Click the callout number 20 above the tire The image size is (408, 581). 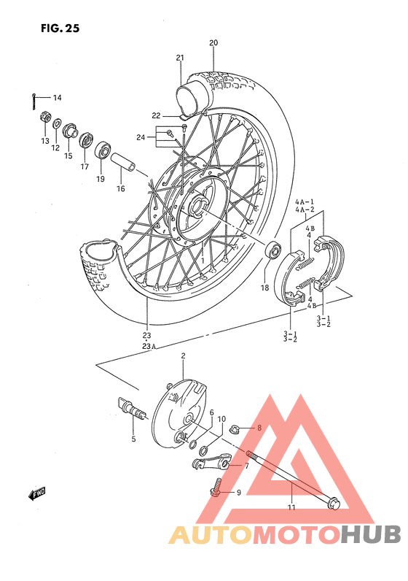point(213,43)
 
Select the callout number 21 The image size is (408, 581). point(180,58)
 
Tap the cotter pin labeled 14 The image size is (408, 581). point(35,101)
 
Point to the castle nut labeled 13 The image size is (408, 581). point(44,118)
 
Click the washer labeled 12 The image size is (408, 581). point(57,124)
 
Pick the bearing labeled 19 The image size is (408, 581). point(101,153)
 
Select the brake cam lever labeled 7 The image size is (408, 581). point(211,461)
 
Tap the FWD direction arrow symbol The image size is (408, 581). point(37,494)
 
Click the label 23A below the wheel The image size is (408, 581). point(149,347)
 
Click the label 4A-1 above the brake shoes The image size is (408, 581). point(304,201)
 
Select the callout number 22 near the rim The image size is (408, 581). point(157,116)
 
